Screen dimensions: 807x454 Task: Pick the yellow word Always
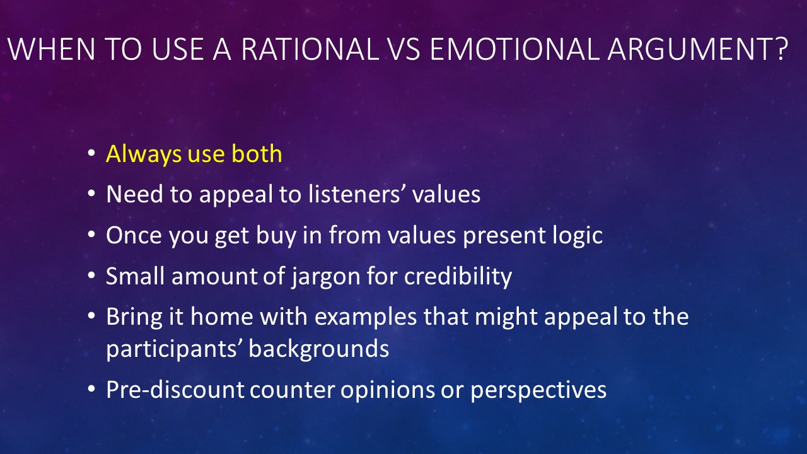144,154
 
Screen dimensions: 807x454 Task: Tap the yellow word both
257,153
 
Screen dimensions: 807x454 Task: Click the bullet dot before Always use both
91,153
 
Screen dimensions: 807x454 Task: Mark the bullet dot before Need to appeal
91,194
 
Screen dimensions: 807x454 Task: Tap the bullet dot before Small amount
91,276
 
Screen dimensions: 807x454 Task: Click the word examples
366,317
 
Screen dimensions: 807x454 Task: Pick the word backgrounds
319,349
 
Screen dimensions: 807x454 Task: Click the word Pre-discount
175,389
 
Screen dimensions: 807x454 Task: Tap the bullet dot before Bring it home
91,316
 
